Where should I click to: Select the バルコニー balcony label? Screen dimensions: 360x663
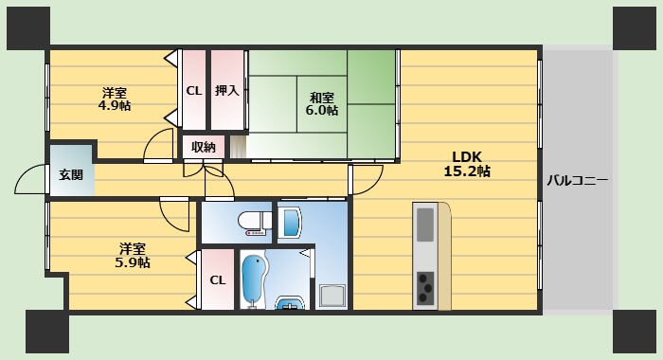pyautogui.click(x=576, y=179)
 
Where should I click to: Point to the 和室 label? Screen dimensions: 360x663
pyautogui.click(x=321, y=96)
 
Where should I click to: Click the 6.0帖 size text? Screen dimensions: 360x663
pyautogui.click(x=321, y=110)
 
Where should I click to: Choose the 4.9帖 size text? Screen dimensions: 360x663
pyautogui.click(x=115, y=106)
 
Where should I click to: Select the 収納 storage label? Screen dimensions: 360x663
pyautogui.click(x=204, y=147)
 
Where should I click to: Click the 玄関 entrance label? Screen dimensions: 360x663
pyautogui.click(x=71, y=174)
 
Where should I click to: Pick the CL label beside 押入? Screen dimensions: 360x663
pyautogui.click(x=193, y=91)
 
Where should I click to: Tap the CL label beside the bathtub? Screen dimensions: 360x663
pyautogui.click(x=217, y=279)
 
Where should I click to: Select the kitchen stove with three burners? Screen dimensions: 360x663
pyautogui.click(x=425, y=286)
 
